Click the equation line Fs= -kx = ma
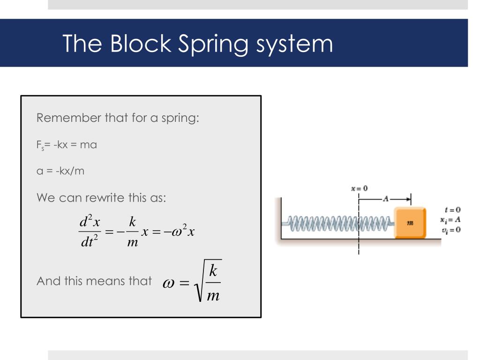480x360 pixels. click(x=67, y=145)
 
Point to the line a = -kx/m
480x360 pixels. click(x=60, y=171)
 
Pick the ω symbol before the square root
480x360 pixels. click(x=168, y=283)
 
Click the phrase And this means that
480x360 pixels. click(x=94, y=281)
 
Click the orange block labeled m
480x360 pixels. click(x=410, y=223)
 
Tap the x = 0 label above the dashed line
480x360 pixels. click(x=359, y=188)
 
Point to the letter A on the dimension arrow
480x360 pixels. click(x=386, y=199)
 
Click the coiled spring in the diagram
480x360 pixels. click(x=337, y=224)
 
